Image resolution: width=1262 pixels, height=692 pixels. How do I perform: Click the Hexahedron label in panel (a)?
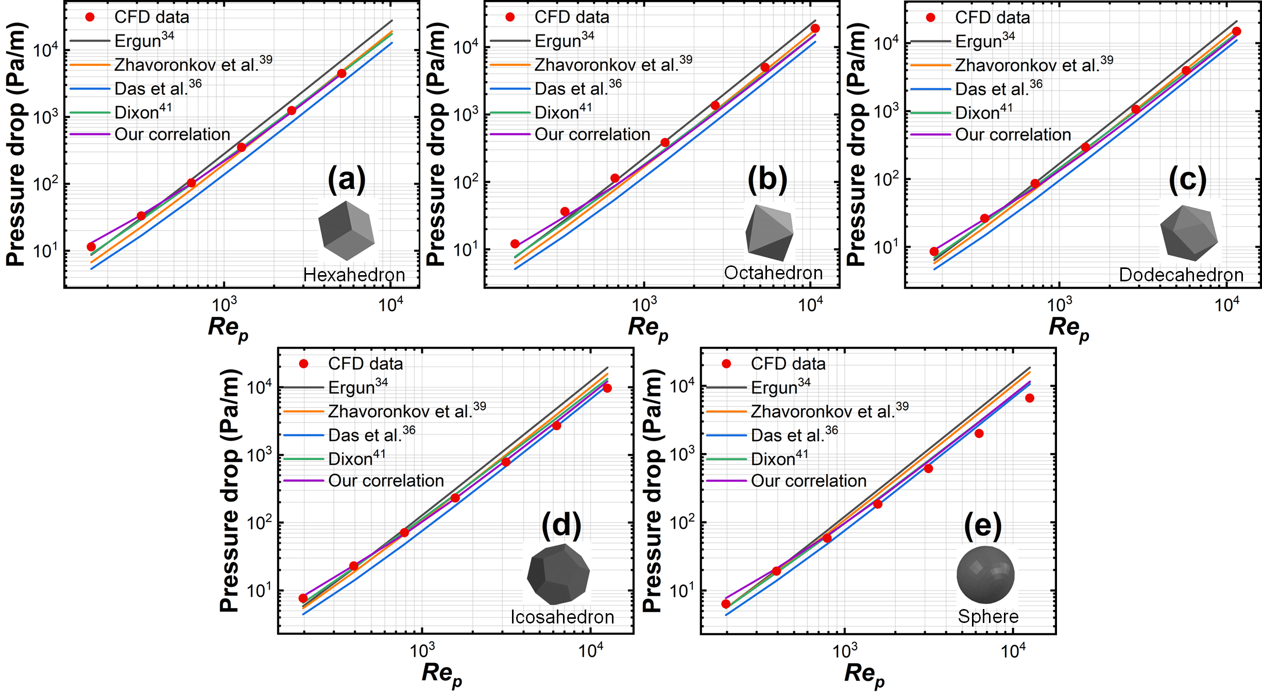(x=354, y=275)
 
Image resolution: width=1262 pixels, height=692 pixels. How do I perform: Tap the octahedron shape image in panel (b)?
(x=770, y=232)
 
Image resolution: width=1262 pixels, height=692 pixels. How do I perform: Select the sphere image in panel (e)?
(x=985, y=575)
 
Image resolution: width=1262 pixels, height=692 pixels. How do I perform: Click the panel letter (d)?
(x=561, y=525)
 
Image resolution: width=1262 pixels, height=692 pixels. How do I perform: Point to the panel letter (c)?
(x=1187, y=180)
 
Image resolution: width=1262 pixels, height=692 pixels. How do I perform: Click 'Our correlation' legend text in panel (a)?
(x=172, y=134)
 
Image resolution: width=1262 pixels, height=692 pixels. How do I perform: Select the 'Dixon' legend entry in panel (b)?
(x=563, y=112)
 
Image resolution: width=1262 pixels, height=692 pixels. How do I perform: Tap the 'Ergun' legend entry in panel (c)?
(x=985, y=41)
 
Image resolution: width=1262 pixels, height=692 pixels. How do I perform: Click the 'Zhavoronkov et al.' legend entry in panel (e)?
(x=829, y=411)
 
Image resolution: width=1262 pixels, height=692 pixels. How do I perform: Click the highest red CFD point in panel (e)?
(x=1029, y=398)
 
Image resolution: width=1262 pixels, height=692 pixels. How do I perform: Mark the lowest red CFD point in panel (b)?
(x=515, y=244)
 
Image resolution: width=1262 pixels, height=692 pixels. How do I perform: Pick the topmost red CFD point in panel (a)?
(x=342, y=74)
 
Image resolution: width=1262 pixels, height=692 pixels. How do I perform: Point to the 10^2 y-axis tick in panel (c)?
(x=886, y=180)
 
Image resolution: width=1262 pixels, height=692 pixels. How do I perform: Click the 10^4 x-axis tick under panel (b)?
(x=810, y=306)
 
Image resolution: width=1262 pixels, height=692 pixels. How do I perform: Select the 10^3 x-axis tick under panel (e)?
(x=845, y=651)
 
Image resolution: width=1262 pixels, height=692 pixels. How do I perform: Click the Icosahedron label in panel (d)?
(x=562, y=617)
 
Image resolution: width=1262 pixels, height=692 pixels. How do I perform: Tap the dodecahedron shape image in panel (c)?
(x=1189, y=232)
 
